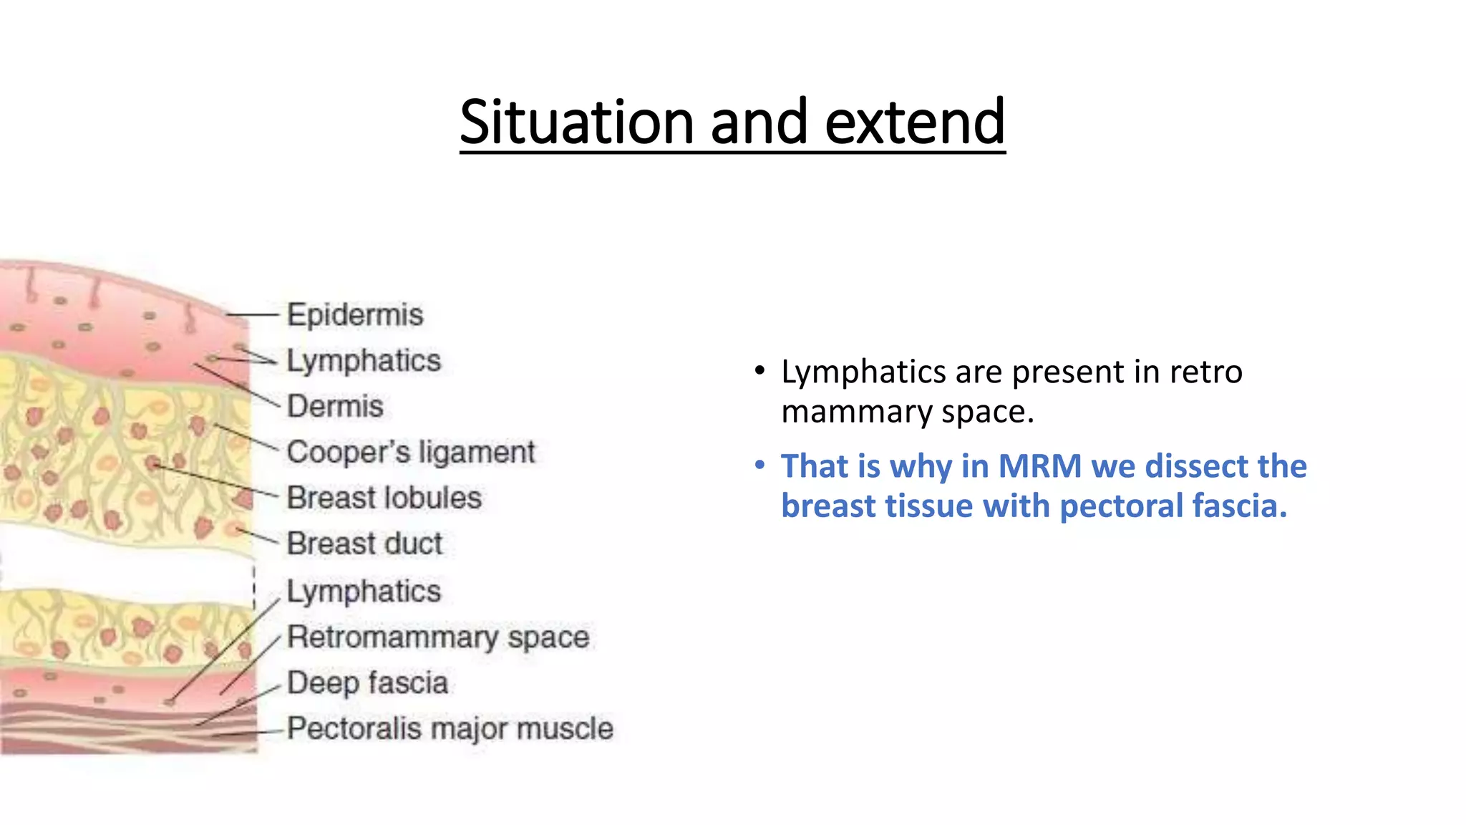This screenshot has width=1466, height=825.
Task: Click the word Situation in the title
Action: (577, 122)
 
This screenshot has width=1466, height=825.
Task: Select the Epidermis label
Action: (355, 315)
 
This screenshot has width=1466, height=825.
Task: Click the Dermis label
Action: (335, 407)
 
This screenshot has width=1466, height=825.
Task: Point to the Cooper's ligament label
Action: (411, 453)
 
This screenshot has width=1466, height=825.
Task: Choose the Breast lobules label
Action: (384, 498)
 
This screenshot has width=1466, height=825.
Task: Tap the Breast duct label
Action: (364, 544)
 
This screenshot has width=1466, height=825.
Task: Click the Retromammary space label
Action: (438, 637)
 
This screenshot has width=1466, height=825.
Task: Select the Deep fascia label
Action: (367, 683)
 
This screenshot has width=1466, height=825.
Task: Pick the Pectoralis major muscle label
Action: (450, 729)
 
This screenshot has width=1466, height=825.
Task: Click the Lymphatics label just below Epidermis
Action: (364, 361)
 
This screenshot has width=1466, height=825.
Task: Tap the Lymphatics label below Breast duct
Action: (364, 592)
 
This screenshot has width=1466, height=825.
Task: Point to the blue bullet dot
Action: (760, 466)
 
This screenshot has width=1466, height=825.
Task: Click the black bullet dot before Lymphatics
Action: (760, 372)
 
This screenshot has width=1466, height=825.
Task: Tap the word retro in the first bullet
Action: (1205, 372)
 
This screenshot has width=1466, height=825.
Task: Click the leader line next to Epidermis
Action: (252, 314)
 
